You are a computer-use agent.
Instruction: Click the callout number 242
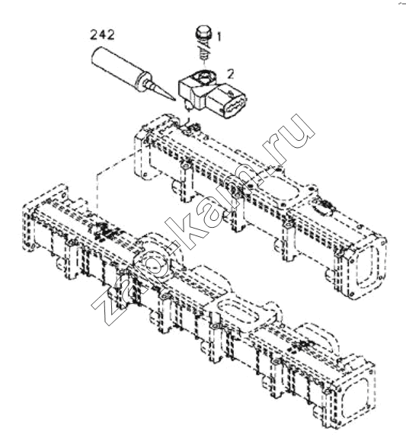click(x=102, y=35)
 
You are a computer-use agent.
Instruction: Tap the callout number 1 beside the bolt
click(x=219, y=37)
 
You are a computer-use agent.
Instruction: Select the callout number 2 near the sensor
click(x=231, y=74)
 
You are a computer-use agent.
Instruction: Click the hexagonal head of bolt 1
click(x=204, y=32)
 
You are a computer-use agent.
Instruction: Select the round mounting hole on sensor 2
click(x=205, y=78)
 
